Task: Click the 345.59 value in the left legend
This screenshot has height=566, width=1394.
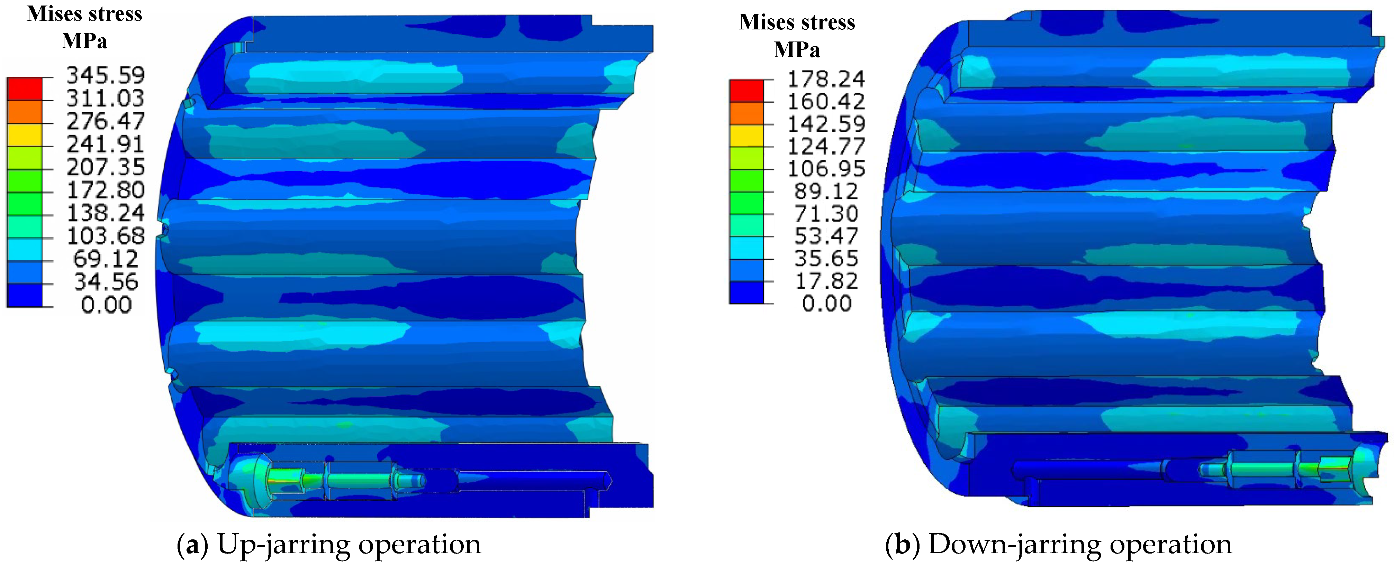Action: point(106,75)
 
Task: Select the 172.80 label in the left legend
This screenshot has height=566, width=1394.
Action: point(106,190)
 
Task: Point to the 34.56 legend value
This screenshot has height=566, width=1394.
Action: point(106,282)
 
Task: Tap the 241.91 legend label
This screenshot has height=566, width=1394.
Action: point(106,144)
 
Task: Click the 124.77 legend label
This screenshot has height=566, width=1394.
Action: point(826,147)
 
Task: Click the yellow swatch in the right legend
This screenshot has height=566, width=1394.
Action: point(747,136)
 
